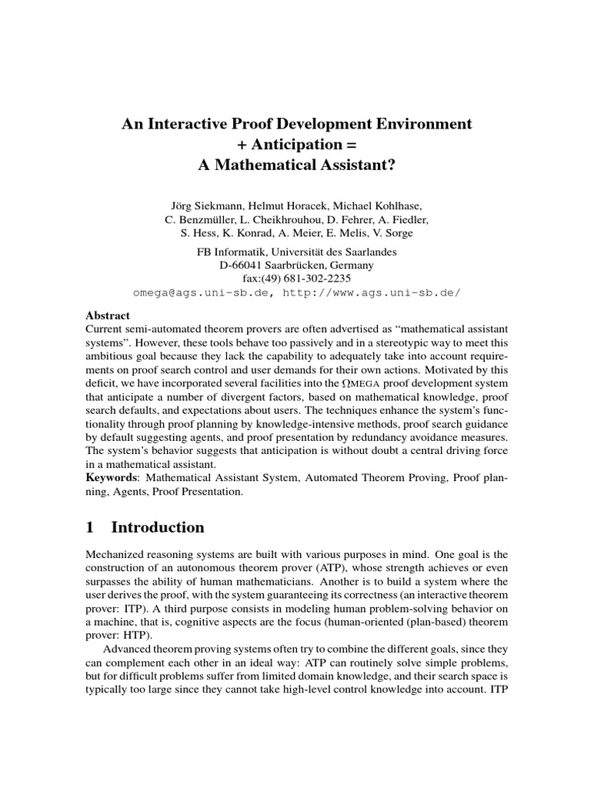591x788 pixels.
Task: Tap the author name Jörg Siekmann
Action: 204,206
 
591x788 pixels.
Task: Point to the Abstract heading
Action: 108,316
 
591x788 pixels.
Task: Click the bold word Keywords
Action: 111,478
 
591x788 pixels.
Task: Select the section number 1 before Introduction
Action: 90,527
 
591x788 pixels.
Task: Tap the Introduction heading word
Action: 158,527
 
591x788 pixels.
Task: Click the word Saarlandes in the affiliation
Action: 373,252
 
